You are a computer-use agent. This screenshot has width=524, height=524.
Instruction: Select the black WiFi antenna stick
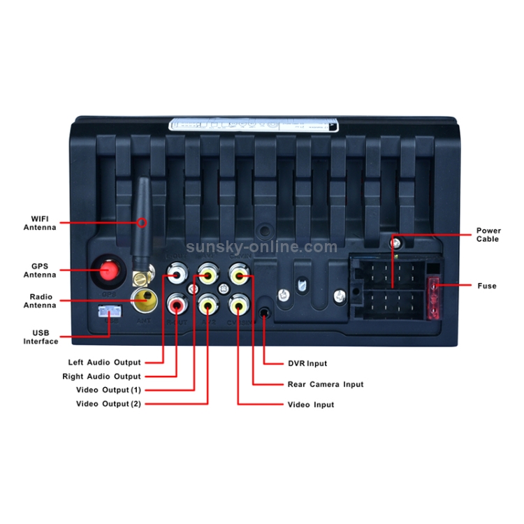(x=142, y=217)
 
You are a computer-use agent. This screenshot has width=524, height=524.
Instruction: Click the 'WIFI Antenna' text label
(x=40, y=223)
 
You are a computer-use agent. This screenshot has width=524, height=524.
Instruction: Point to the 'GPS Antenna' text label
(x=40, y=270)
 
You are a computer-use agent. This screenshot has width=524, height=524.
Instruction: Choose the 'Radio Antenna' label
(x=40, y=301)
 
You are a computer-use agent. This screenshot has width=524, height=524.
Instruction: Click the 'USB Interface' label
(x=40, y=337)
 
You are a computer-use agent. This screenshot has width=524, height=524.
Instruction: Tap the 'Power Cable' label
(x=488, y=235)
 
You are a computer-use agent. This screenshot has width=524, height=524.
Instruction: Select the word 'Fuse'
(x=487, y=286)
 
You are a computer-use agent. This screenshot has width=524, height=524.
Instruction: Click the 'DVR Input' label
(x=307, y=363)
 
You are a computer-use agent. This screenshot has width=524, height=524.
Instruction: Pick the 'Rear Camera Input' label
(x=326, y=384)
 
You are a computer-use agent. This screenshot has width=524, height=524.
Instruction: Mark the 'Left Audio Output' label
(x=104, y=363)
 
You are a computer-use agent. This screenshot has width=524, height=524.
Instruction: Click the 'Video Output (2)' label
(x=108, y=404)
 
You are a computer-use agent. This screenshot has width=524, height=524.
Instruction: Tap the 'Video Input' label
(x=311, y=405)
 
